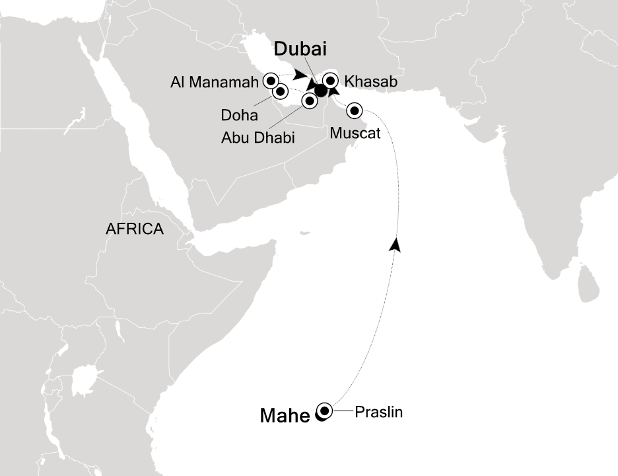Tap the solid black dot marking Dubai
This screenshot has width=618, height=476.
pyautogui.click(x=320, y=91)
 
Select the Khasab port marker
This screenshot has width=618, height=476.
pyautogui.click(x=329, y=81)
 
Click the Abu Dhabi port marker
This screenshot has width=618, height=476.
pyautogui.click(x=308, y=100)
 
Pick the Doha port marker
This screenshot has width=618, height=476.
pyautogui.click(x=280, y=91)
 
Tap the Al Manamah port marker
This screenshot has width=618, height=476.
pyautogui.click(x=270, y=81)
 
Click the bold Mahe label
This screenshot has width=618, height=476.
pyautogui.click(x=285, y=416)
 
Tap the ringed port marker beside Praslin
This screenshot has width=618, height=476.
pyautogui.click(x=324, y=410)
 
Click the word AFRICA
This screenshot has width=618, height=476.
pyautogui.click(x=135, y=229)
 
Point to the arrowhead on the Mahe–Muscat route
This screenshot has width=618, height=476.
pyautogui.click(x=395, y=244)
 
